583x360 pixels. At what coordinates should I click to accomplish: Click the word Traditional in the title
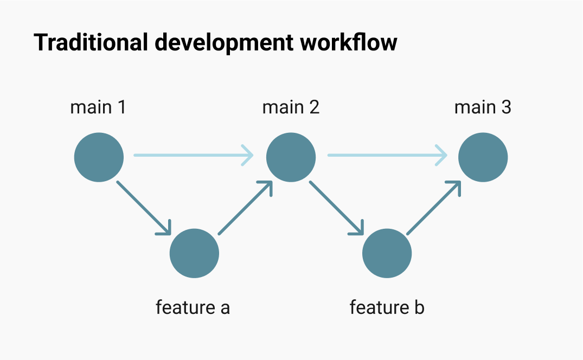(90, 42)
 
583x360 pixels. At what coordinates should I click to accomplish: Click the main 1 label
(98, 107)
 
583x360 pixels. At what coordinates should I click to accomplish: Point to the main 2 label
(291, 107)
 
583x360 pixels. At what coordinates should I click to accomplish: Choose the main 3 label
(483, 107)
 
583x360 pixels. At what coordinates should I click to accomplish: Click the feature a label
(193, 307)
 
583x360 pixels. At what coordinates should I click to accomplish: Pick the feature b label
(387, 307)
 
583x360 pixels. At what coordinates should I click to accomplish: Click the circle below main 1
(99, 157)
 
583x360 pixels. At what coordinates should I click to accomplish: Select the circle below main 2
(291, 157)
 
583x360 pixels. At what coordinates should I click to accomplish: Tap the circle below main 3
(483, 157)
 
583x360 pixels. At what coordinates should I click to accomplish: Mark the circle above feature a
(194, 253)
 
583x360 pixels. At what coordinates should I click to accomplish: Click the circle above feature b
(387, 253)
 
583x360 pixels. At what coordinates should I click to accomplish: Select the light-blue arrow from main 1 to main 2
(193, 156)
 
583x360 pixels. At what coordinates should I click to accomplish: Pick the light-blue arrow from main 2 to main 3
(386, 156)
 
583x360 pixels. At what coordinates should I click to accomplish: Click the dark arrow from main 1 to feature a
(144, 208)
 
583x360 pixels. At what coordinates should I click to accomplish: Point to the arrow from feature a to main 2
(245, 208)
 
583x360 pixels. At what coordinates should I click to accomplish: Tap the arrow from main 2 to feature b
(336, 208)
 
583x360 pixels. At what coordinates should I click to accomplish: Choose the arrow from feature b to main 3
(434, 208)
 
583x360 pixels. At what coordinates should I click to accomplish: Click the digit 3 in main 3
(506, 107)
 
